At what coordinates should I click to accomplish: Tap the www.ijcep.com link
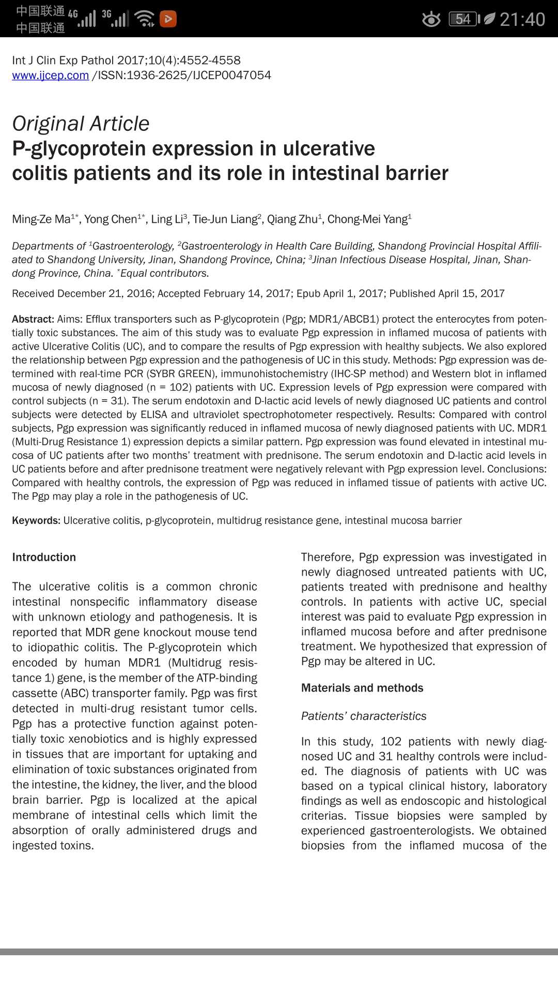coord(51,76)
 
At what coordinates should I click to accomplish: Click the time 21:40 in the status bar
coord(522,20)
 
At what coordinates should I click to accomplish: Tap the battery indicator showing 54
coord(463,20)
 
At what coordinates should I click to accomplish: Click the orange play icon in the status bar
coord(168,19)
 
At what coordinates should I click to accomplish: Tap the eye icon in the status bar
coord(431,20)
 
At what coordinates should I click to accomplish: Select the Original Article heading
coord(81,124)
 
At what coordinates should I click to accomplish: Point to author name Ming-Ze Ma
coord(41,219)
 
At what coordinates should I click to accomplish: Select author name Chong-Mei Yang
coord(367,219)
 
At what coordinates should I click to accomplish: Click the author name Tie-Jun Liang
coord(225,219)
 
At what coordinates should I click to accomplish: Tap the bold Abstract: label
coord(33,319)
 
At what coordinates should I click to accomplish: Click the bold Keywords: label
coord(36,520)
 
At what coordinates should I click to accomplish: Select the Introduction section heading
coord(44,557)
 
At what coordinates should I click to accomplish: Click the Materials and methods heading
coord(362,688)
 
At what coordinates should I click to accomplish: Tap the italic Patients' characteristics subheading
coord(364,716)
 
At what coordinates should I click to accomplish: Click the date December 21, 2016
coord(105,294)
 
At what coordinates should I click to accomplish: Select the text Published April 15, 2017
coord(447,294)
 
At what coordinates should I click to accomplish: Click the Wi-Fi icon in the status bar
coord(144,19)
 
